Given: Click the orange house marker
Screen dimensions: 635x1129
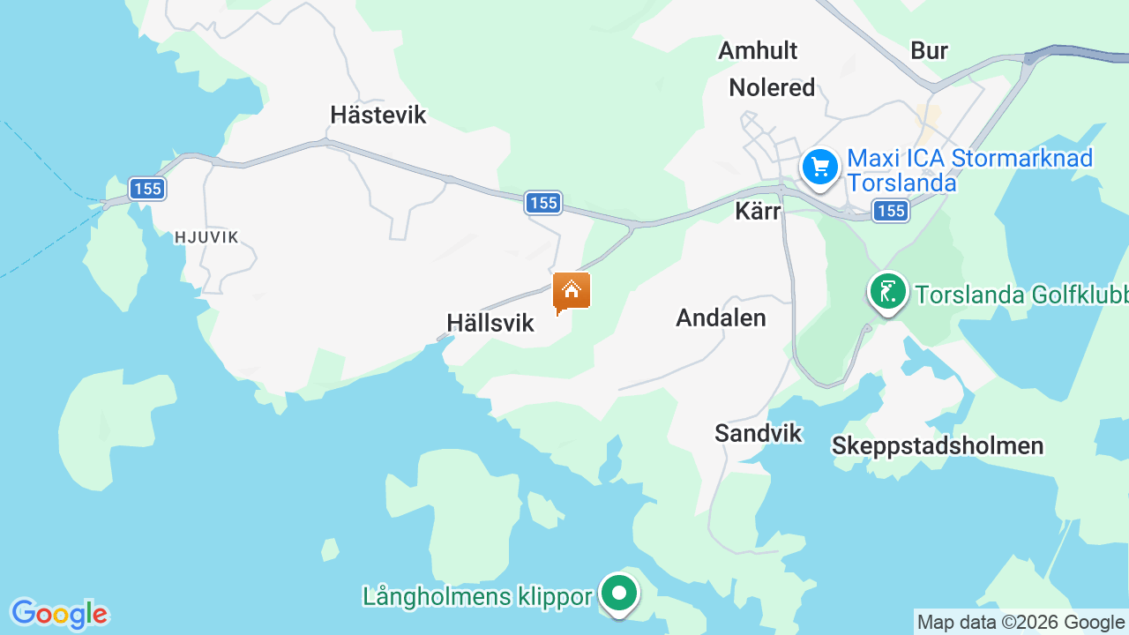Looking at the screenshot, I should (x=572, y=291).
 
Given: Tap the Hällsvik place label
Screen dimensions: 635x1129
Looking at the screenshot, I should (x=490, y=323).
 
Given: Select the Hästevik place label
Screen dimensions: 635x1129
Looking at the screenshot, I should (x=378, y=115).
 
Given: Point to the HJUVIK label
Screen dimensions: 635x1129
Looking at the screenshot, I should (x=206, y=236).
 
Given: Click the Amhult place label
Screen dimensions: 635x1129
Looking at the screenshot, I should (x=758, y=50).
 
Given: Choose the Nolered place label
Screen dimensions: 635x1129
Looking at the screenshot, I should (x=772, y=87).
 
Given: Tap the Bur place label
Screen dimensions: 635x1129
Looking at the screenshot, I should (x=929, y=50).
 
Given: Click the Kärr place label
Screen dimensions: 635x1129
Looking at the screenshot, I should (x=758, y=212).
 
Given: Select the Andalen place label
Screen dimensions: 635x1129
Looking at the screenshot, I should (x=721, y=317).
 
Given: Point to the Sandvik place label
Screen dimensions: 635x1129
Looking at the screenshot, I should (x=759, y=433).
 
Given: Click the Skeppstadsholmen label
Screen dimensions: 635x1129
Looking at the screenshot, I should (x=938, y=445).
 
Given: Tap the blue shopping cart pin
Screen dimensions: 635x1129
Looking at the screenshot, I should (x=820, y=166).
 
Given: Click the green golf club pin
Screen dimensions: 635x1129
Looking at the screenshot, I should (x=887, y=291).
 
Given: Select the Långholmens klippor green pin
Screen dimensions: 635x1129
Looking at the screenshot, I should (x=619, y=594).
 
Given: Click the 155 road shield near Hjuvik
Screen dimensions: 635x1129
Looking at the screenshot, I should (x=146, y=188).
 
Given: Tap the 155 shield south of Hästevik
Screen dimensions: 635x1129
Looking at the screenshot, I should (x=543, y=203).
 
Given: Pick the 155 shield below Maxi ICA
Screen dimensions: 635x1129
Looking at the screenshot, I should (x=891, y=210).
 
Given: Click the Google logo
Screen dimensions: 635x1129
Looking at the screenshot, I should (x=59, y=613).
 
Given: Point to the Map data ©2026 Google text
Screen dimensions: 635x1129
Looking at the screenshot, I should (x=1021, y=622).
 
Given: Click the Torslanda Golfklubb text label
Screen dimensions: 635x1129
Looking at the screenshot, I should (x=1021, y=294).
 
